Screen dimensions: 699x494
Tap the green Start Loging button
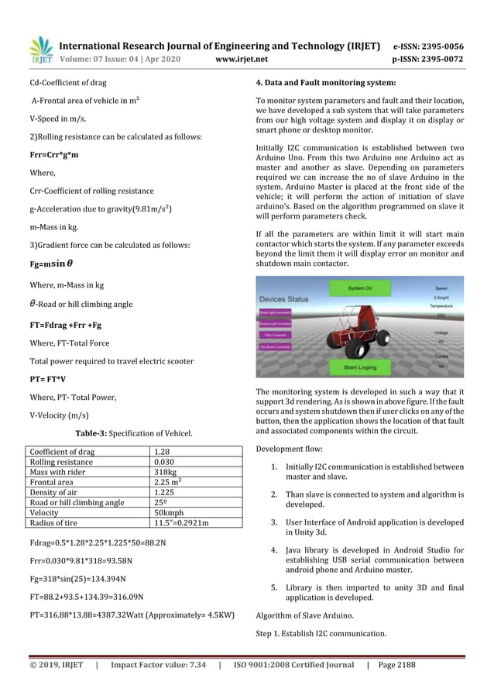(360, 367)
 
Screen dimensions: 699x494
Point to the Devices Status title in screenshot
(283, 298)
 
